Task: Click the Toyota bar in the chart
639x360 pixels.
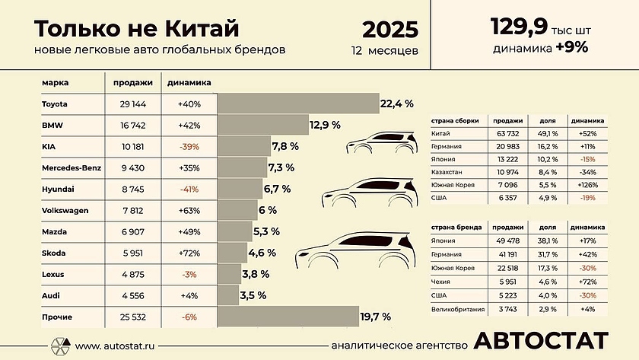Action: click(298, 104)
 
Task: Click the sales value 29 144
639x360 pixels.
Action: click(133, 104)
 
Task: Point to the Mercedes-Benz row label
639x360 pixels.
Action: click(70, 167)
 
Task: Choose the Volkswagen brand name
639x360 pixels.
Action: click(65, 210)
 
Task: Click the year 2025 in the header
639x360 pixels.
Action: click(389, 30)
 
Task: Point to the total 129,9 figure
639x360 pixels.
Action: click(520, 28)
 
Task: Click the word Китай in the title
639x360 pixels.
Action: click(201, 29)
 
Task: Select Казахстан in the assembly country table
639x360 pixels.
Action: click(449, 172)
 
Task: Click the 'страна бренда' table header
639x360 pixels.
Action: click(453, 228)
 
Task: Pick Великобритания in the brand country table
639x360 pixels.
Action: click(458, 308)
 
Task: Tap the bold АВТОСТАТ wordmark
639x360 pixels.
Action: click(541, 340)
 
